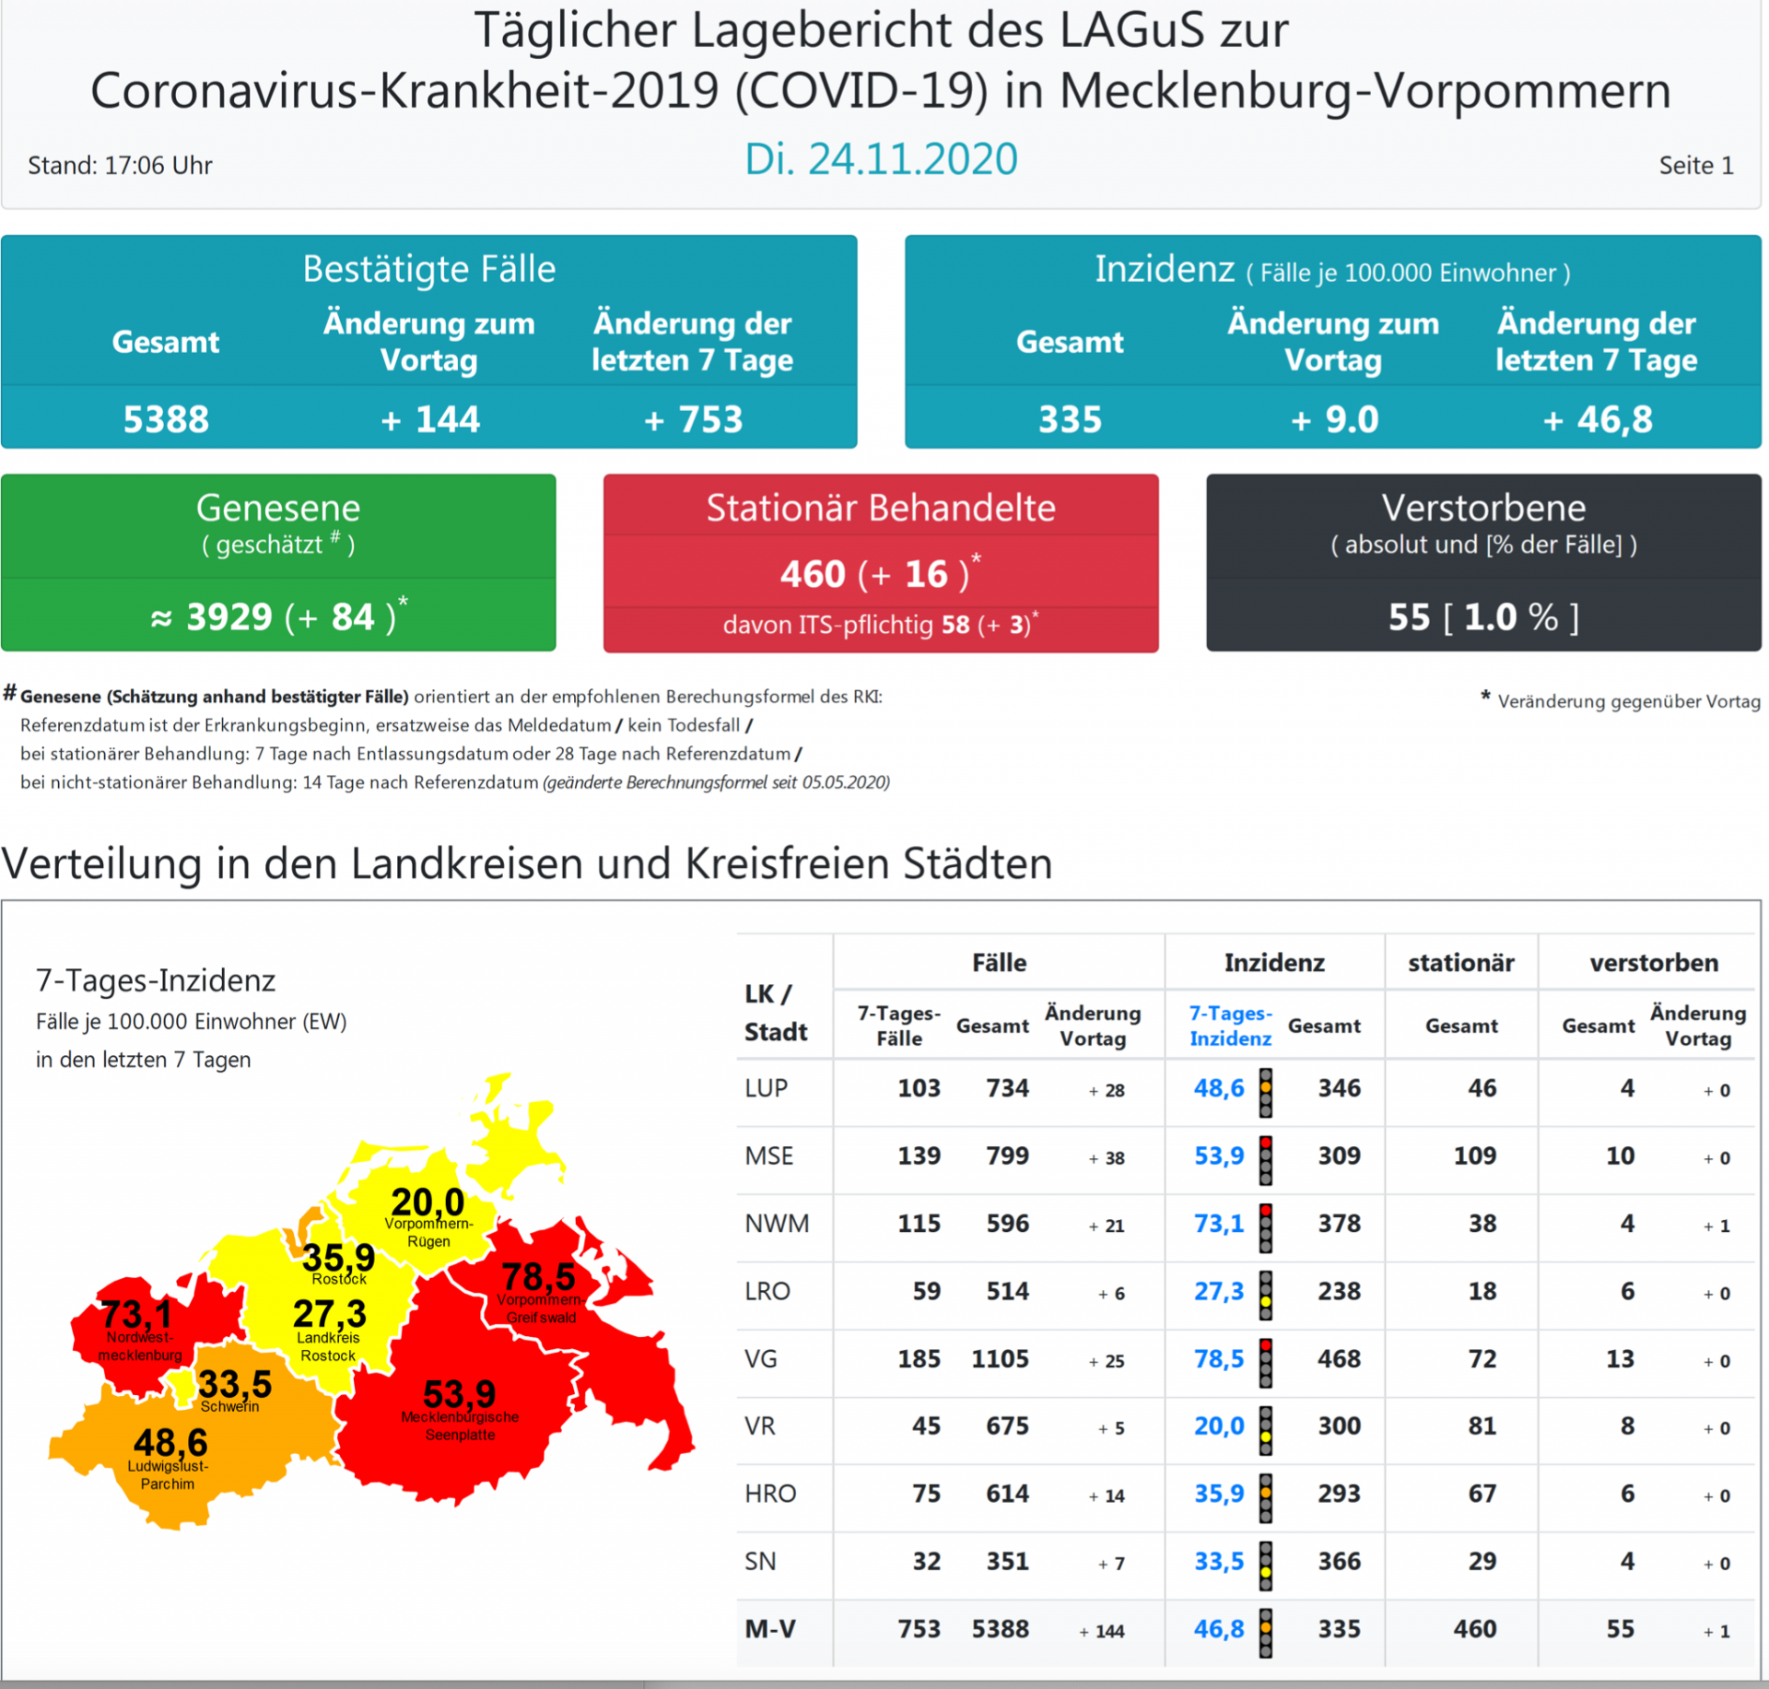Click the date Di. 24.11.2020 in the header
coord(881,159)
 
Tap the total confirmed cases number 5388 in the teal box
coord(166,419)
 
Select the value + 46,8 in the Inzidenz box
coord(1597,419)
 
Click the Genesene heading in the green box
coord(278,508)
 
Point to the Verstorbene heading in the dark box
coord(1483,508)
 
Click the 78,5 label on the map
coord(539,1277)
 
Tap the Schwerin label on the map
coord(229,1407)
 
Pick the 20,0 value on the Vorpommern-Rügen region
coord(428,1202)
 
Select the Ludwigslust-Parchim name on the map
coord(168,1474)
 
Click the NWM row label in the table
coord(777,1224)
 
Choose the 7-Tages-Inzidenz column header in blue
coord(1230,1026)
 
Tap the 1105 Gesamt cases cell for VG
coord(1000,1359)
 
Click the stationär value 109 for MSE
coord(1474,1155)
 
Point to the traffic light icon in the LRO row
coord(1266,1292)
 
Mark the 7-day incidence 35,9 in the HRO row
coord(1219,1494)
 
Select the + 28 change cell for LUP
coord(1107,1090)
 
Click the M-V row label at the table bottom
coord(769,1629)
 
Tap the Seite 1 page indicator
coord(1695,166)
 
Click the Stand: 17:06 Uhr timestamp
coord(120,166)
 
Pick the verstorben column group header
coord(1654,963)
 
